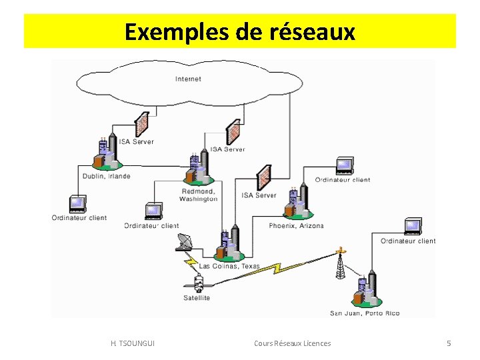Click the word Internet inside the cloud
(188, 79)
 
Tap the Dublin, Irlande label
(106, 177)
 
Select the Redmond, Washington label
(199, 195)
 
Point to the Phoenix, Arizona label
(296, 225)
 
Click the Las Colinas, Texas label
(229, 266)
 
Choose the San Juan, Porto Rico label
(365, 313)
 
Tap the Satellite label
(197, 297)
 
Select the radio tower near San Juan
(341, 264)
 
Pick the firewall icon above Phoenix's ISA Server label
(264, 177)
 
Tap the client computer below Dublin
(77, 203)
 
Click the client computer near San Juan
(412, 226)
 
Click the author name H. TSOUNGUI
(133, 343)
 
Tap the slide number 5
(449, 343)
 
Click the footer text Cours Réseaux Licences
(292, 343)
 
